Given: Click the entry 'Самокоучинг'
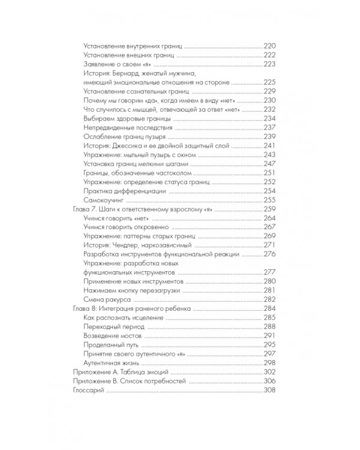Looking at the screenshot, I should tap(101, 200).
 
